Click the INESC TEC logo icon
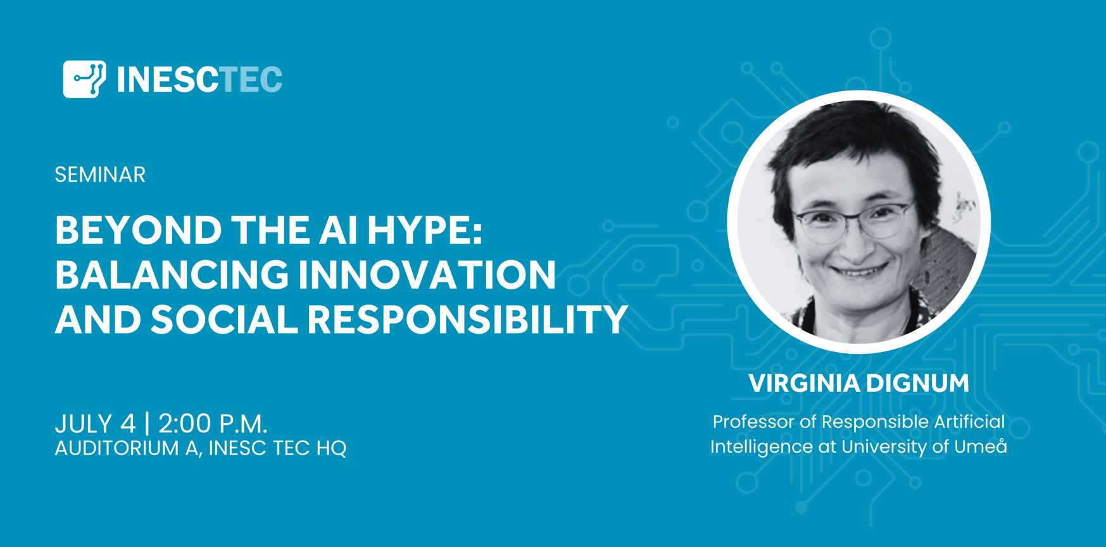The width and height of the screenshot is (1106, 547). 84,79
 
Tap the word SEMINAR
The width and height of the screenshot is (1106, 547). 100,175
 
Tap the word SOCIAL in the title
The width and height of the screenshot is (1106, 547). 224,319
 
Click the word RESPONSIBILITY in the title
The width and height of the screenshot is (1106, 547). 468,319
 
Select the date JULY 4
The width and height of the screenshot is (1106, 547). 95,424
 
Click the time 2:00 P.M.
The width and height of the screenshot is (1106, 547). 213,424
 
